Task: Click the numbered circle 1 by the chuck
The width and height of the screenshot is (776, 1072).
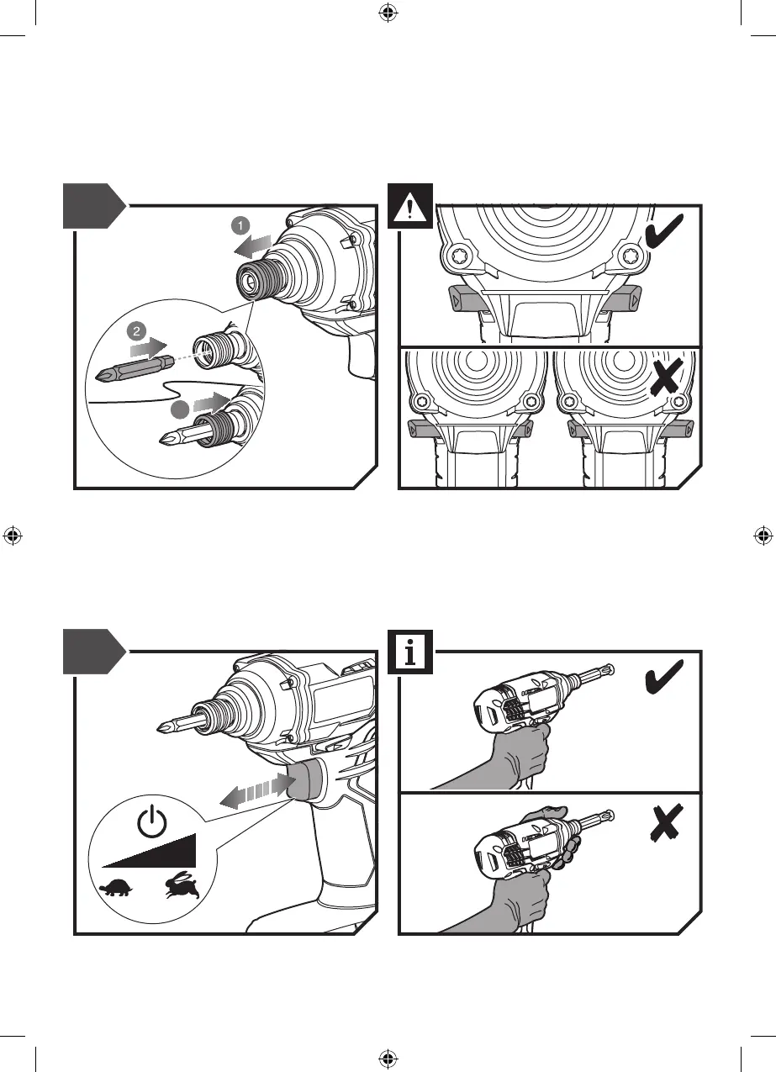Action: [x=240, y=225]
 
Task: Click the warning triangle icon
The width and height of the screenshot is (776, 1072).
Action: [x=410, y=206]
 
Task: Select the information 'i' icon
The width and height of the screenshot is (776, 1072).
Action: [x=410, y=652]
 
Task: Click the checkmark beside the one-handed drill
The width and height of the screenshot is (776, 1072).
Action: [x=664, y=677]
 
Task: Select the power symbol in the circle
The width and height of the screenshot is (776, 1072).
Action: [x=151, y=821]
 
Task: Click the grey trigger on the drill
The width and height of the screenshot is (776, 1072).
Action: [x=305, y=779]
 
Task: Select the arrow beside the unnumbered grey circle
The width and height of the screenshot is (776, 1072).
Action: [x=210, y=401]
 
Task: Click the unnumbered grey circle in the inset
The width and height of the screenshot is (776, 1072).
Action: [x=178, y=409]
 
